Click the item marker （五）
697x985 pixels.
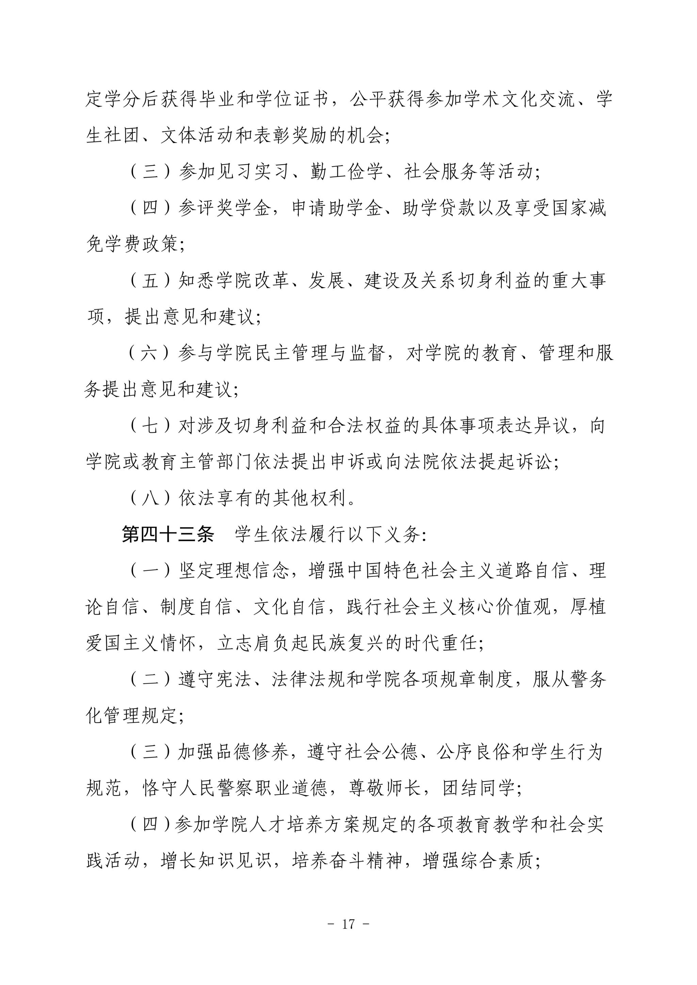pos(150,281)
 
